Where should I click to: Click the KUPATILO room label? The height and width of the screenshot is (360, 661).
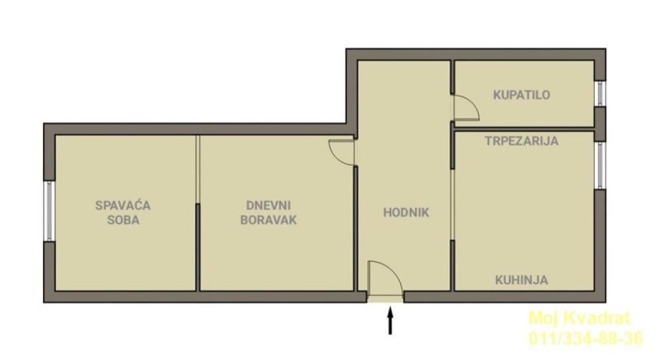522,95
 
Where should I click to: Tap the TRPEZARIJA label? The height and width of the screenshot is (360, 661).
522,141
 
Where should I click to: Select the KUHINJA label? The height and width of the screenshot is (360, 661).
522,280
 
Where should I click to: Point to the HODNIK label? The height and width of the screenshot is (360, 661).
407,213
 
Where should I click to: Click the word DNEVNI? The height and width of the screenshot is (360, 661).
268,205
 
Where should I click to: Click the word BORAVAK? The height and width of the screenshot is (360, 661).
268,220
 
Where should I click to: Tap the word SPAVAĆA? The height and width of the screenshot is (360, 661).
123,205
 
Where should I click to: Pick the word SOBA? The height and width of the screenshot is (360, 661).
123,220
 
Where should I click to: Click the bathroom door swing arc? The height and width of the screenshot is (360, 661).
467,108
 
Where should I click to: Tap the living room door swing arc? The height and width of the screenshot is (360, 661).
342,152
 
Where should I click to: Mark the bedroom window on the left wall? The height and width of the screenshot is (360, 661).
48,210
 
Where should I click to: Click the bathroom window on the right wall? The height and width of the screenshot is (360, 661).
600,93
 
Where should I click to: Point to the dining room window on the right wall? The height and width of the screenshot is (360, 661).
600,165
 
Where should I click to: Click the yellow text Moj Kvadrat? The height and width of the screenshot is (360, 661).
580,319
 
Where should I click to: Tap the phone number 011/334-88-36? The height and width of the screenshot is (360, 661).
585,339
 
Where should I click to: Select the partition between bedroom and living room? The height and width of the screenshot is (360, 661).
198,211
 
